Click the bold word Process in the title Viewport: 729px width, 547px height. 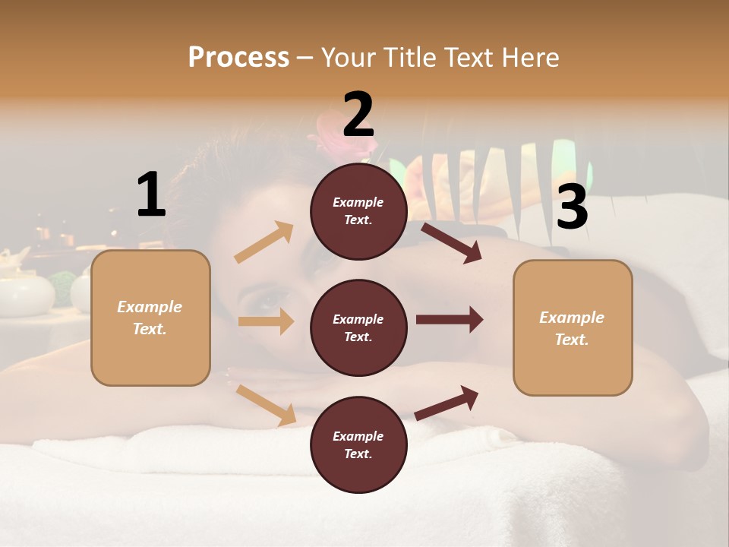238,57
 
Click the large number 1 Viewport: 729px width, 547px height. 151,195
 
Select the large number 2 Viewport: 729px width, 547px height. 358,115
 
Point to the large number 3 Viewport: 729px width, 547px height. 573,207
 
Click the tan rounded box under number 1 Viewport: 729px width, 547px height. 150,318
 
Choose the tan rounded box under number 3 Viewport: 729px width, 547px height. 573,327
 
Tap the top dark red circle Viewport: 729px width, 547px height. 358,211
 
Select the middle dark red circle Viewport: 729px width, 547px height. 358,328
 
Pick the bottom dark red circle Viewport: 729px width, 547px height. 358,445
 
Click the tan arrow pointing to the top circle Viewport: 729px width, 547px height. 264,242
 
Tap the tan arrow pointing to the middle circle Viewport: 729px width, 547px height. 266,321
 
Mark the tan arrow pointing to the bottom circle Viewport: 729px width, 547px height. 267,405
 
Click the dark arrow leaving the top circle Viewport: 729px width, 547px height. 451,242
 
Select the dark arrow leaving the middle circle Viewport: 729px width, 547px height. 450,320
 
